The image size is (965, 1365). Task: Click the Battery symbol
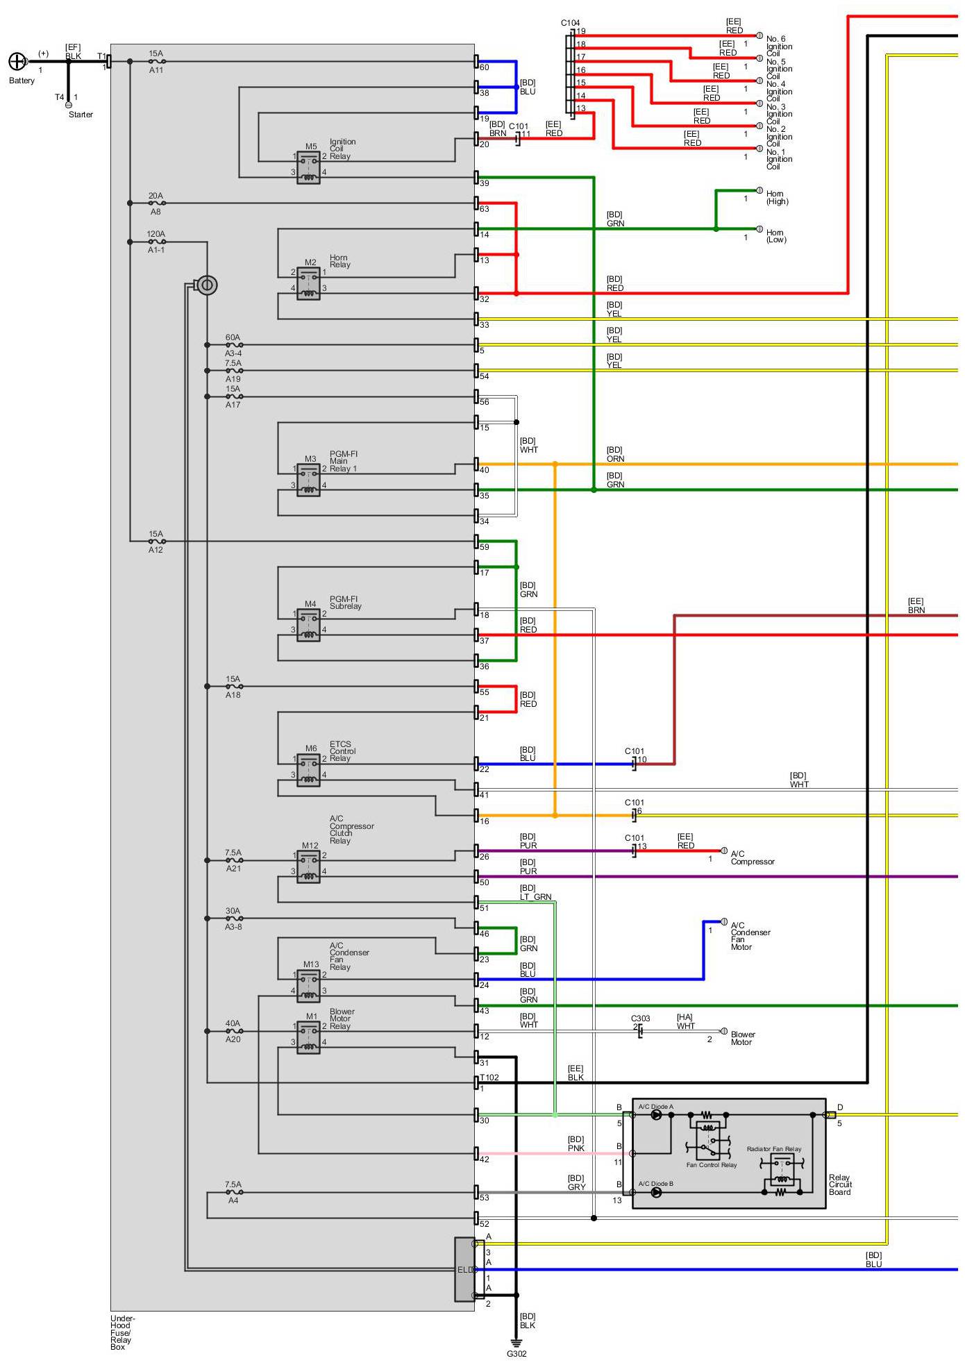(x=17, y=62)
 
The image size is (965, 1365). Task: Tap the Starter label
(x=81, y=115)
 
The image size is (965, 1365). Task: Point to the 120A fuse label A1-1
(x=156, y=250)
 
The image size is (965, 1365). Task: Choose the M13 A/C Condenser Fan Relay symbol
(x=308, y=986)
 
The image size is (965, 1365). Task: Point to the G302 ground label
(x=517, y=1354)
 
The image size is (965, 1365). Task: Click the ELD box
(x=464, y=1269)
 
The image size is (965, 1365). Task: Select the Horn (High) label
(x=777, y=198)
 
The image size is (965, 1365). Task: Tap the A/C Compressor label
(x=753, y=858)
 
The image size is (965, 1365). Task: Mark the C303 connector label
(x=640, y=1019)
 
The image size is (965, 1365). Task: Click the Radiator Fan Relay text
(x=774, y=1149)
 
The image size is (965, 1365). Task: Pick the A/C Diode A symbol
(x=656, y=1115)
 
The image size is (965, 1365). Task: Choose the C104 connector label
(x=570, y=23)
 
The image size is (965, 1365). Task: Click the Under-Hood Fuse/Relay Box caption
(x=123, y=1332)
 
